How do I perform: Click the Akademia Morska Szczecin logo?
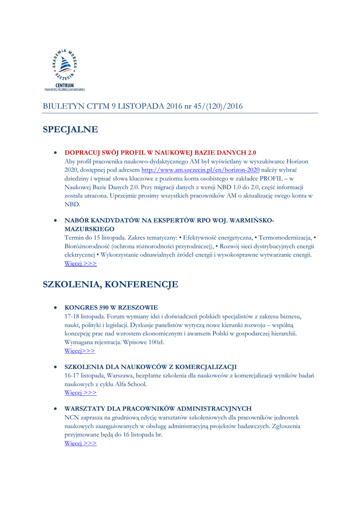point(65,66)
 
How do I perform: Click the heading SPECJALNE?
point(70,130)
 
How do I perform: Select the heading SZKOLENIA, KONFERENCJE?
point(110,285)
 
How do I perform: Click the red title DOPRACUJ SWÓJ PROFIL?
point(160,152)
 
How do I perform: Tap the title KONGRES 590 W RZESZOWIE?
point(111,308)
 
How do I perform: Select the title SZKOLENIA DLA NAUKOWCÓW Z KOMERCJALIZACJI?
point(150,367)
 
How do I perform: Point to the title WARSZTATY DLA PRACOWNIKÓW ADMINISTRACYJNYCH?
point(158,409)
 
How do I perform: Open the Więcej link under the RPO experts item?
point(80,264)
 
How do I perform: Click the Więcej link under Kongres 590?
point(79,351)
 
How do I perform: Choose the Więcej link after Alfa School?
point(80,393)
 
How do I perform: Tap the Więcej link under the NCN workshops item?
point(80,444)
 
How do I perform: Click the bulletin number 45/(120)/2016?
point(217,106)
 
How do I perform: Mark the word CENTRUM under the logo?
point(65,85)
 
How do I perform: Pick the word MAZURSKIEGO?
point(89,229)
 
